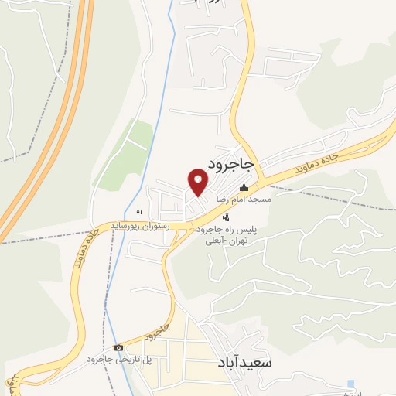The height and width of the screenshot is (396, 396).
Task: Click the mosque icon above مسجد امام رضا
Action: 244,187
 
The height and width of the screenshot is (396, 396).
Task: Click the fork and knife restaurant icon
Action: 140,213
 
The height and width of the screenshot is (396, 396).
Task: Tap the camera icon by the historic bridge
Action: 118,348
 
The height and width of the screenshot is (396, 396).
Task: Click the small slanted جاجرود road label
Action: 155,333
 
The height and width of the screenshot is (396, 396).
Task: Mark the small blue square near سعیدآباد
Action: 352,384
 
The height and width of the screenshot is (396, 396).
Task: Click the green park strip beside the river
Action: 128,151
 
